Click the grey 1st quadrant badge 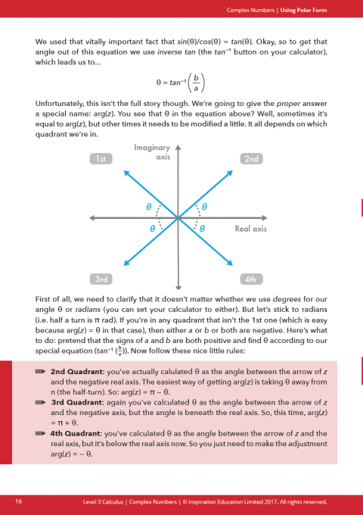(101, 158)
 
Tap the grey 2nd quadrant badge (250, 158)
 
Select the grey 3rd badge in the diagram (101, 279)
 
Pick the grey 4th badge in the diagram (250, 279)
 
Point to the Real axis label (251, 228)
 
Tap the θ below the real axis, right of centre (203, 228)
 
